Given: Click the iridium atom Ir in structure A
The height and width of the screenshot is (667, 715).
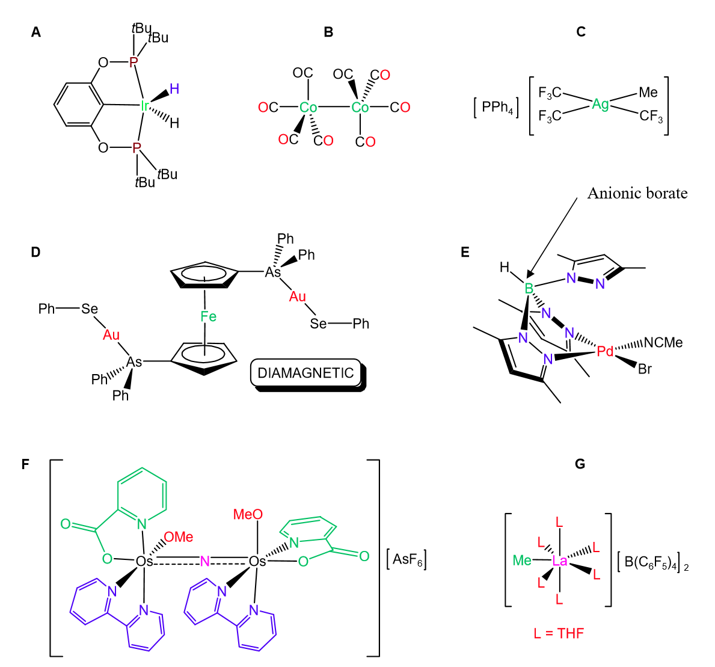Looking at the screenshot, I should [144, 106].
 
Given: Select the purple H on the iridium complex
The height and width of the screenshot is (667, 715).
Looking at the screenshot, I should [174, 90].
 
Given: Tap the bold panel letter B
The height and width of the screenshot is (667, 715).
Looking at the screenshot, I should [328, 32].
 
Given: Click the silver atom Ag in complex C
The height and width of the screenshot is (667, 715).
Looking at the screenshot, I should [600, 104].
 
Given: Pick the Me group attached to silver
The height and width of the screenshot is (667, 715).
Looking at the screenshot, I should [648, 92].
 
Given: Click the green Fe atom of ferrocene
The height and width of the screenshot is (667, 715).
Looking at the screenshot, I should [208, 317].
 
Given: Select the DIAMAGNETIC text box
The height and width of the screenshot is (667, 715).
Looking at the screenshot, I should [305, 373].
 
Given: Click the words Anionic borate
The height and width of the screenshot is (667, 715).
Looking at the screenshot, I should [637, 193].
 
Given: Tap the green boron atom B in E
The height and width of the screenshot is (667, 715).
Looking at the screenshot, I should [529, 288].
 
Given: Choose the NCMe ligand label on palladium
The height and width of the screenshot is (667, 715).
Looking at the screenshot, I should [663, 343].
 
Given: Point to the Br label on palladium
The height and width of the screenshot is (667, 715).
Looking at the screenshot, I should [645, 369].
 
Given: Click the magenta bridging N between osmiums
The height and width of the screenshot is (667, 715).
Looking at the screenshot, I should [205, 561].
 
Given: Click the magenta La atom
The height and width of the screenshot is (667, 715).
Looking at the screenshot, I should [560, 561].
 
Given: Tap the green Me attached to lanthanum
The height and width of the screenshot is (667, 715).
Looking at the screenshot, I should [523, 561].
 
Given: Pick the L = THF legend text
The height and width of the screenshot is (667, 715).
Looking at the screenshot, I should [559, 633].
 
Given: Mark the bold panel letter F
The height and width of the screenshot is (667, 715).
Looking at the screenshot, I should [25, 464].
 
